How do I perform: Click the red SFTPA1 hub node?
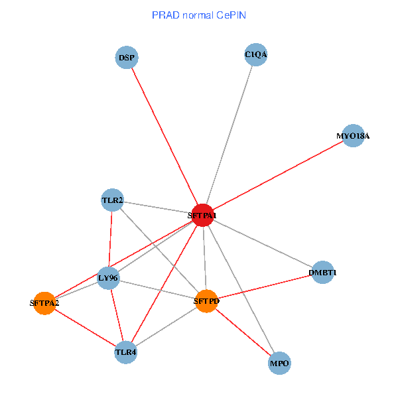click(x=202, y=215)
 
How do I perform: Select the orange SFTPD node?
click(x=206, y=301)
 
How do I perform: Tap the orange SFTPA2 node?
click(x=44, y=303)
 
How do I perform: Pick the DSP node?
click(x=127, y=58)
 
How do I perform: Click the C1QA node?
click(x=256, y=55)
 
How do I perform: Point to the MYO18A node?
click(x=353, y=136)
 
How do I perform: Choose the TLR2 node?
click(x=112, y=200)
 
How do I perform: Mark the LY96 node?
click(x=108, y=278)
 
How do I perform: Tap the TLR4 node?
click(x=126, y=352)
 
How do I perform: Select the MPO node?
click(x=280, y=364)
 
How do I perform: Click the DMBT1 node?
click(x=322, y=273)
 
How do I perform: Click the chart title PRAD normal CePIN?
click(x=199, y=15)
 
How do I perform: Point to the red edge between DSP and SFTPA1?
click(x=165, y=136)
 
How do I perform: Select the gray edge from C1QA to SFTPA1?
click(x=230, y=135)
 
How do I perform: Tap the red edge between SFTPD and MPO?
click(x=243, y=332)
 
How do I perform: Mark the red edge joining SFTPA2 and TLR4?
click(x=85, y=327)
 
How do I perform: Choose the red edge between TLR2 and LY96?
click(x=110, y=239)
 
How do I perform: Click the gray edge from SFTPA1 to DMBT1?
click(x=262, y=243)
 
